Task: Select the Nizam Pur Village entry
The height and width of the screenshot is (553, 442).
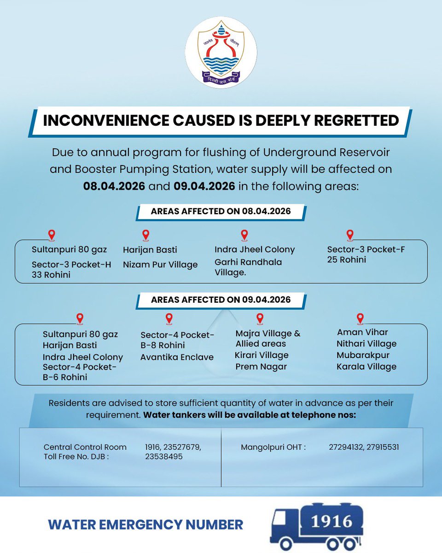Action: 160,265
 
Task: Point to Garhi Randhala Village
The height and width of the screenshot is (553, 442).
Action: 248,267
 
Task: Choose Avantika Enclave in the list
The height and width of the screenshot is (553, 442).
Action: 177,357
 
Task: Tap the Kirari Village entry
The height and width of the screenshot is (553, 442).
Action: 262,355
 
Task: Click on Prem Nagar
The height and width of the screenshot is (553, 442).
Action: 261,367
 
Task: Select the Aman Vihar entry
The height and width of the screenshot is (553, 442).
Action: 362,332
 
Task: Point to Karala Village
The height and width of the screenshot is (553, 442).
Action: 366,367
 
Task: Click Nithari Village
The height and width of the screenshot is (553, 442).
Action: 366,344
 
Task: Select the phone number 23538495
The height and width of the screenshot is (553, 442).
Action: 164,456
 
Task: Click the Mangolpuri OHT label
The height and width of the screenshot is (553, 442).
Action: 273,447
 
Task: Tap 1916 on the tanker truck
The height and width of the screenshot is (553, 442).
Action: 330,522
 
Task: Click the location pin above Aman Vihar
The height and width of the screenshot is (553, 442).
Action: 360,318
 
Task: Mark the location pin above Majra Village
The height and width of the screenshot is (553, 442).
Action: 260,318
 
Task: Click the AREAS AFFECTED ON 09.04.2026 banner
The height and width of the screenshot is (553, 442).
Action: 221,300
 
